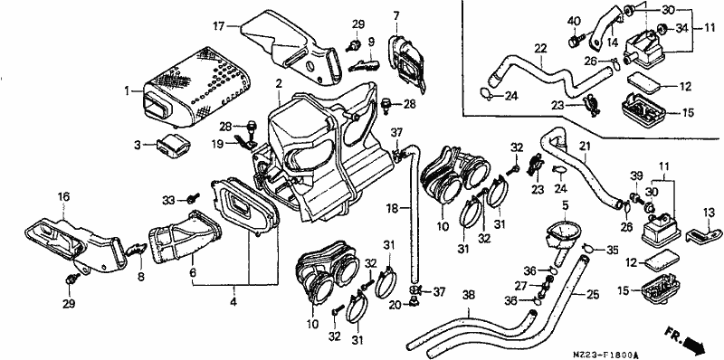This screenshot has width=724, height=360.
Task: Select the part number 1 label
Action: (127, 91)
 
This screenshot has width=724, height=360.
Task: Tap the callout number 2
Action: (279, 83)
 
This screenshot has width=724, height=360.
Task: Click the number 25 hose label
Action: (593, 295)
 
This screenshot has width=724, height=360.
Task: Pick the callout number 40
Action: (574, 21)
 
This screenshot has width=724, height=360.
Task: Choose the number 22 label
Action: (540, 48)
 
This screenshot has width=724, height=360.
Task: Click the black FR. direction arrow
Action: (694, 344)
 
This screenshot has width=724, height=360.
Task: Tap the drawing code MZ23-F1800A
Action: (605, 355)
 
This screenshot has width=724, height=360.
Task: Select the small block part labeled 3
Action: (174, 146)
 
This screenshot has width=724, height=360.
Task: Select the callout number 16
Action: (63, 197)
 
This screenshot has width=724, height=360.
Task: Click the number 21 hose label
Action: (585, 147)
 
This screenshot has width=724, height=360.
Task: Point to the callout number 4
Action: (233, 303)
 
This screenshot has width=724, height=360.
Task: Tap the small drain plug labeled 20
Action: (414, 303)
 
